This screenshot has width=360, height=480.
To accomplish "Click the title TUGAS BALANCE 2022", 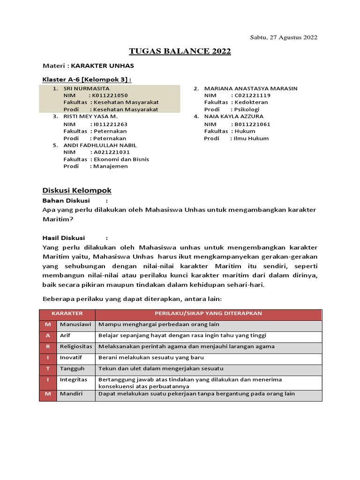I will [x=180, y=52].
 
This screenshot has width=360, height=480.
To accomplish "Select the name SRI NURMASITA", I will [x=86, y=88].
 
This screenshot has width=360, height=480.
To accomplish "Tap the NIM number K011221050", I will [x=110, y=95].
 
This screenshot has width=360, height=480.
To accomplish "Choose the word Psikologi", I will [x=247, y=109].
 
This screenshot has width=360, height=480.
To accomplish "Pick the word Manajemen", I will [x=111, y=166].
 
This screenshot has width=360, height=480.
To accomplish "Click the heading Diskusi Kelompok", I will [x=77, y=190].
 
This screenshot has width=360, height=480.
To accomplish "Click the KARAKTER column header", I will [x=67, y=313].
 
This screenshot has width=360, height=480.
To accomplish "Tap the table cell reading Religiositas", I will [x=75, y=346].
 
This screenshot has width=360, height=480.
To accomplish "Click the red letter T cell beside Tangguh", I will [x=47, y=368].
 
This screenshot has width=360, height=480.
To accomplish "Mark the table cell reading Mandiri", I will [x=71, y=394].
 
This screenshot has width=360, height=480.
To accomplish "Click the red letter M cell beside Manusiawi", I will [x=47, y=324].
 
